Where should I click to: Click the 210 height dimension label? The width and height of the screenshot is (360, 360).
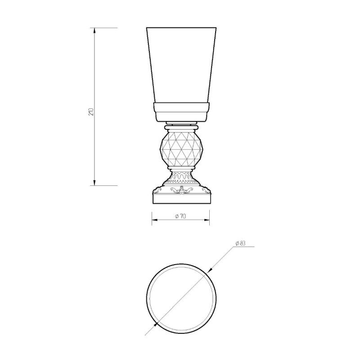pos(91,111)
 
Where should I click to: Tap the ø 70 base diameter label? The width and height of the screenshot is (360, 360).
pos(180,216)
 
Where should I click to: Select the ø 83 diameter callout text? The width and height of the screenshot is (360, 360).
pos(241,243)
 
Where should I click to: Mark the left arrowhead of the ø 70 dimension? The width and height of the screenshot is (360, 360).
pos(155,220)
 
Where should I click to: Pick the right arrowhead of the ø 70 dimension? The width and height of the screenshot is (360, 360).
pos(207,220)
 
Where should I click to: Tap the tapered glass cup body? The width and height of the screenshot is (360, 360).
pos(181,65)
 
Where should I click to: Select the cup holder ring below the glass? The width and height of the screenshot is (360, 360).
pos(181,112)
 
